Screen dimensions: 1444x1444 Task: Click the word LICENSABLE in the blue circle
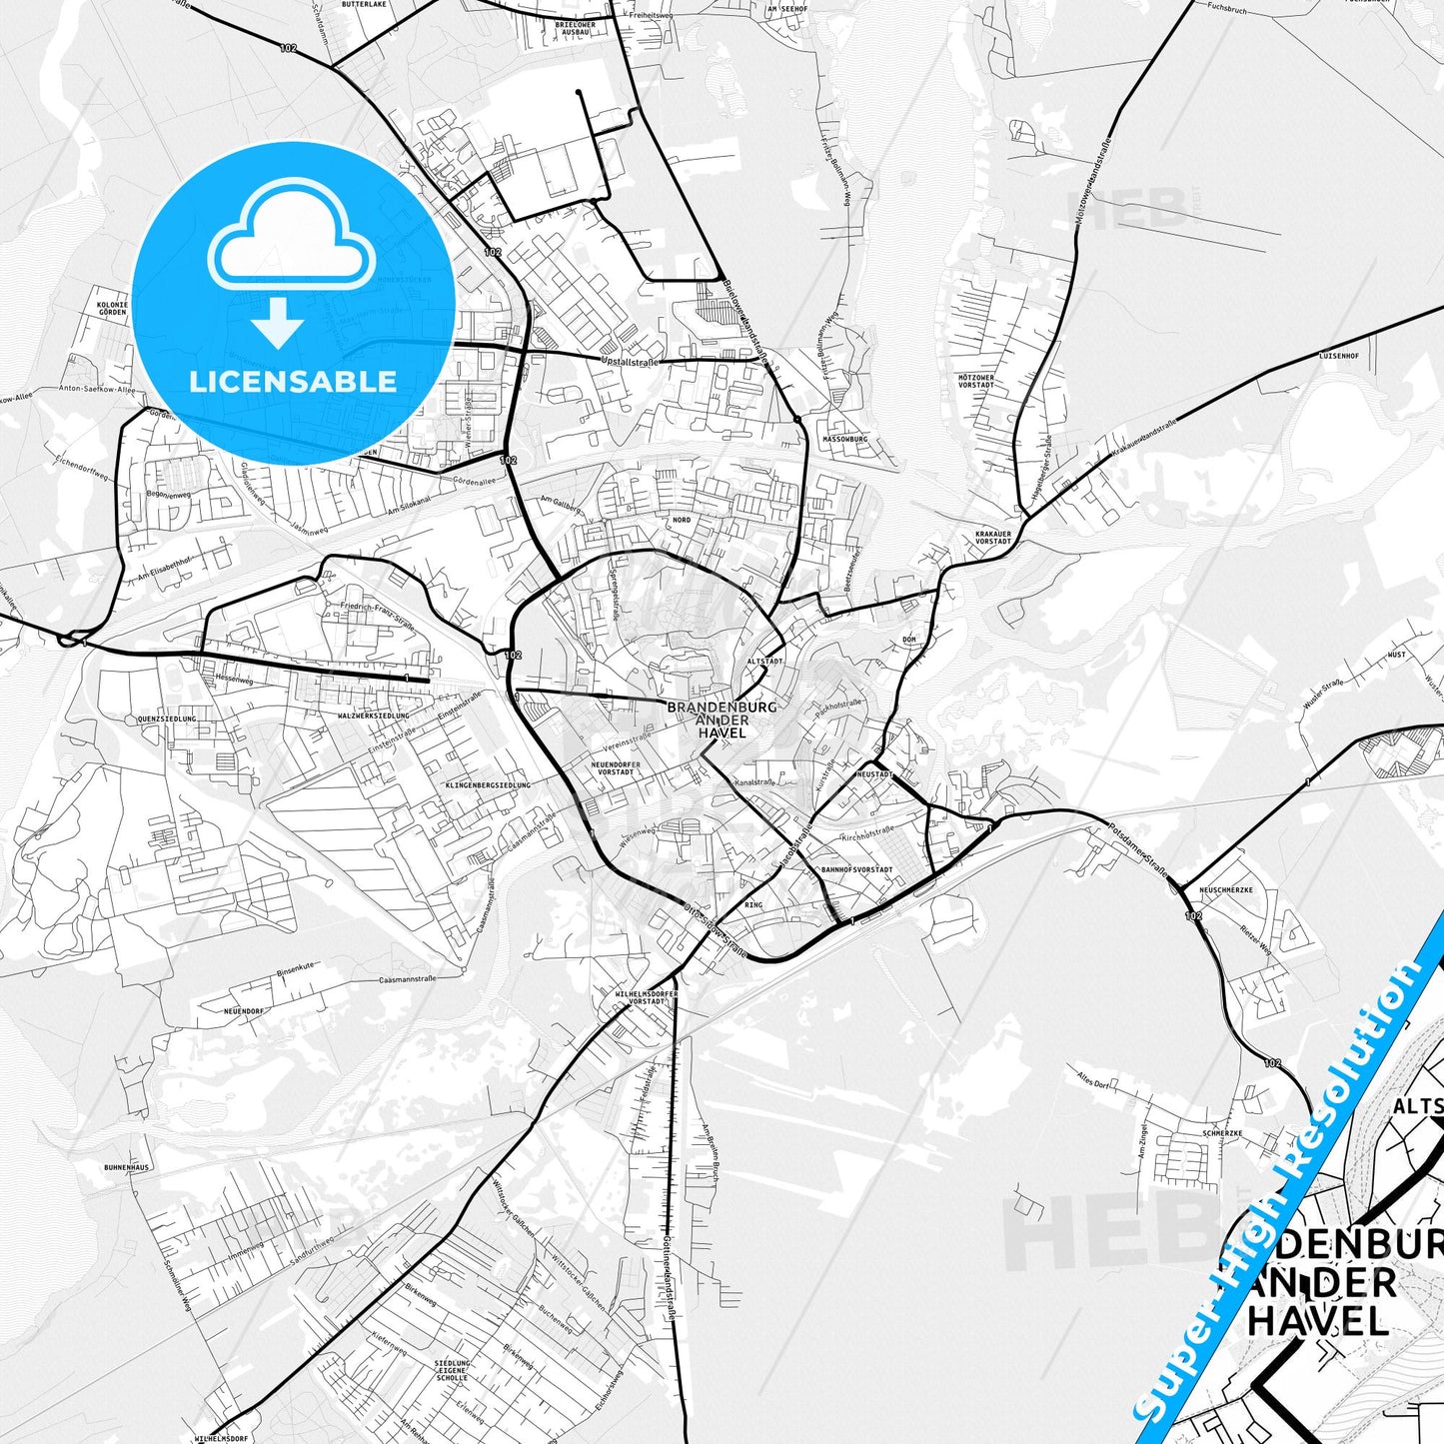[293, 382]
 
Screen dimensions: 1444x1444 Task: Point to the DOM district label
[908, 639]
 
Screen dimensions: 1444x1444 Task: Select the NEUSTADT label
[873, 774]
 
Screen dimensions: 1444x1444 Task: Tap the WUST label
[1397, 655]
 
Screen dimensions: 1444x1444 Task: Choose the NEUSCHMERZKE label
[1225, 889]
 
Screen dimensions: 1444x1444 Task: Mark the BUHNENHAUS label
[126, 1167]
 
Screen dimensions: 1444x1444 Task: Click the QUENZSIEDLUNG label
[167, 719]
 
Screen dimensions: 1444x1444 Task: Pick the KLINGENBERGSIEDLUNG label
[488, 785]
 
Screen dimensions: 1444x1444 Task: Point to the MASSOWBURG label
[844, 439]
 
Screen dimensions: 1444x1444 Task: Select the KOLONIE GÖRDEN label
[111, 308]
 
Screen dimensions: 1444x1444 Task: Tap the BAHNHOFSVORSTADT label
[856, 869]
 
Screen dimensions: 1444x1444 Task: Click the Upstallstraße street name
[630, 362]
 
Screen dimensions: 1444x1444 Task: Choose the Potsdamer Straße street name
[1138, 849]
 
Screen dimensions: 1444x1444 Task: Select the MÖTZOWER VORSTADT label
[976, 381]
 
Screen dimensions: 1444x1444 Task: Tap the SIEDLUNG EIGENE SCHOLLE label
[451, 1369]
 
